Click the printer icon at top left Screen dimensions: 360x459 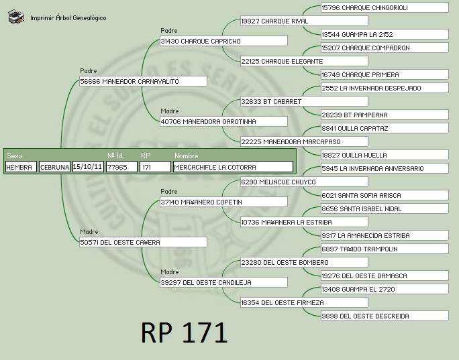(x=16, y=16)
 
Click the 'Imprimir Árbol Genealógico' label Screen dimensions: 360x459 (x=68, y=18)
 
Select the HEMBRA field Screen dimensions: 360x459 (x=21, y=167)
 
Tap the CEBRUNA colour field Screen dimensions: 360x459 (x=54, y=167)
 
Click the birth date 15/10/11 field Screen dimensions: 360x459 (x=88, y=167)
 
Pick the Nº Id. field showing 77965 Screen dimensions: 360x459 (x=121, y=167)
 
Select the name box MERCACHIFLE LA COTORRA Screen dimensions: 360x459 (x=233, y=167)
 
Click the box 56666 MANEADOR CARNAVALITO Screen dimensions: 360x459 (x=143, y=81)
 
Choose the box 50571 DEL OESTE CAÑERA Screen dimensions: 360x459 (x=143, y=242)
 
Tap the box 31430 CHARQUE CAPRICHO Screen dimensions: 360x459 (x=223, y=41)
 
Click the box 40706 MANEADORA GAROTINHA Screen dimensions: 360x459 (x=223, y=121)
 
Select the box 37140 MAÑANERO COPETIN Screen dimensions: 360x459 (x=223, y=202)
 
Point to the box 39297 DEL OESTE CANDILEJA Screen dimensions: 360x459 (x=223, y=282)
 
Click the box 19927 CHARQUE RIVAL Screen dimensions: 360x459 (x=304, y=21)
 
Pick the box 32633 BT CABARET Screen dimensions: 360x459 (x=304, y=101)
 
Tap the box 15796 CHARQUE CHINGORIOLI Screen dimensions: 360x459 (x=385, y=7)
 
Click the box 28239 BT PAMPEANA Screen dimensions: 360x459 (x=385, y=115)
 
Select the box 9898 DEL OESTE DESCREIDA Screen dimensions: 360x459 (x=385, y=316)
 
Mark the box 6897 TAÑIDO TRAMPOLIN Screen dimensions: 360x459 (x=385, y=249)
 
